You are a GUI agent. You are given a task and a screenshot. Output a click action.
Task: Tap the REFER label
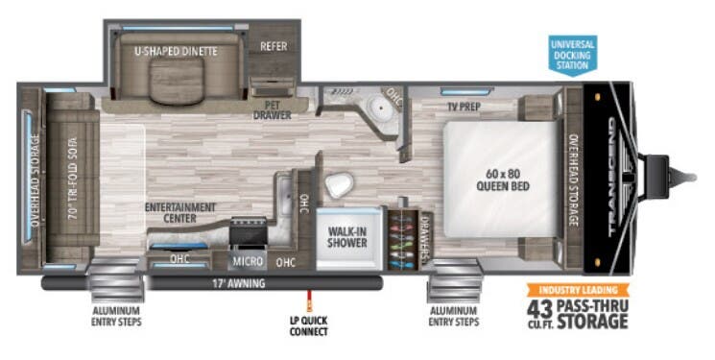pyautogui.click(x=274, y=45)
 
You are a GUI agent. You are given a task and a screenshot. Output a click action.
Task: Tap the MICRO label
pyautogui.click(x=247, y=261)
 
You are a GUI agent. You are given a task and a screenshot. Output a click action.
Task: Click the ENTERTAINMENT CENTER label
pyautogui.click(x=180, y=212)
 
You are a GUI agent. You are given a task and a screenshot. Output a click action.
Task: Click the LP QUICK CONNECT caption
pyautogui.click(x=307, y=326)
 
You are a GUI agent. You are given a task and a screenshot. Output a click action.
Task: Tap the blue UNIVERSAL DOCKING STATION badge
pyautogui.click(x=572, y=55)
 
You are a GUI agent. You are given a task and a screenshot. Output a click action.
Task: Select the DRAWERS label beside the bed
pyautogui.click(x=424, y=235)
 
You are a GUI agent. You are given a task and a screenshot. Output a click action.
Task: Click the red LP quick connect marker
pyautogui.click(x=308, y=294)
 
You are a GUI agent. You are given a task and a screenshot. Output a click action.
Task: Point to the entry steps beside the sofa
pyautogui.click(x=116, y=279)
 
